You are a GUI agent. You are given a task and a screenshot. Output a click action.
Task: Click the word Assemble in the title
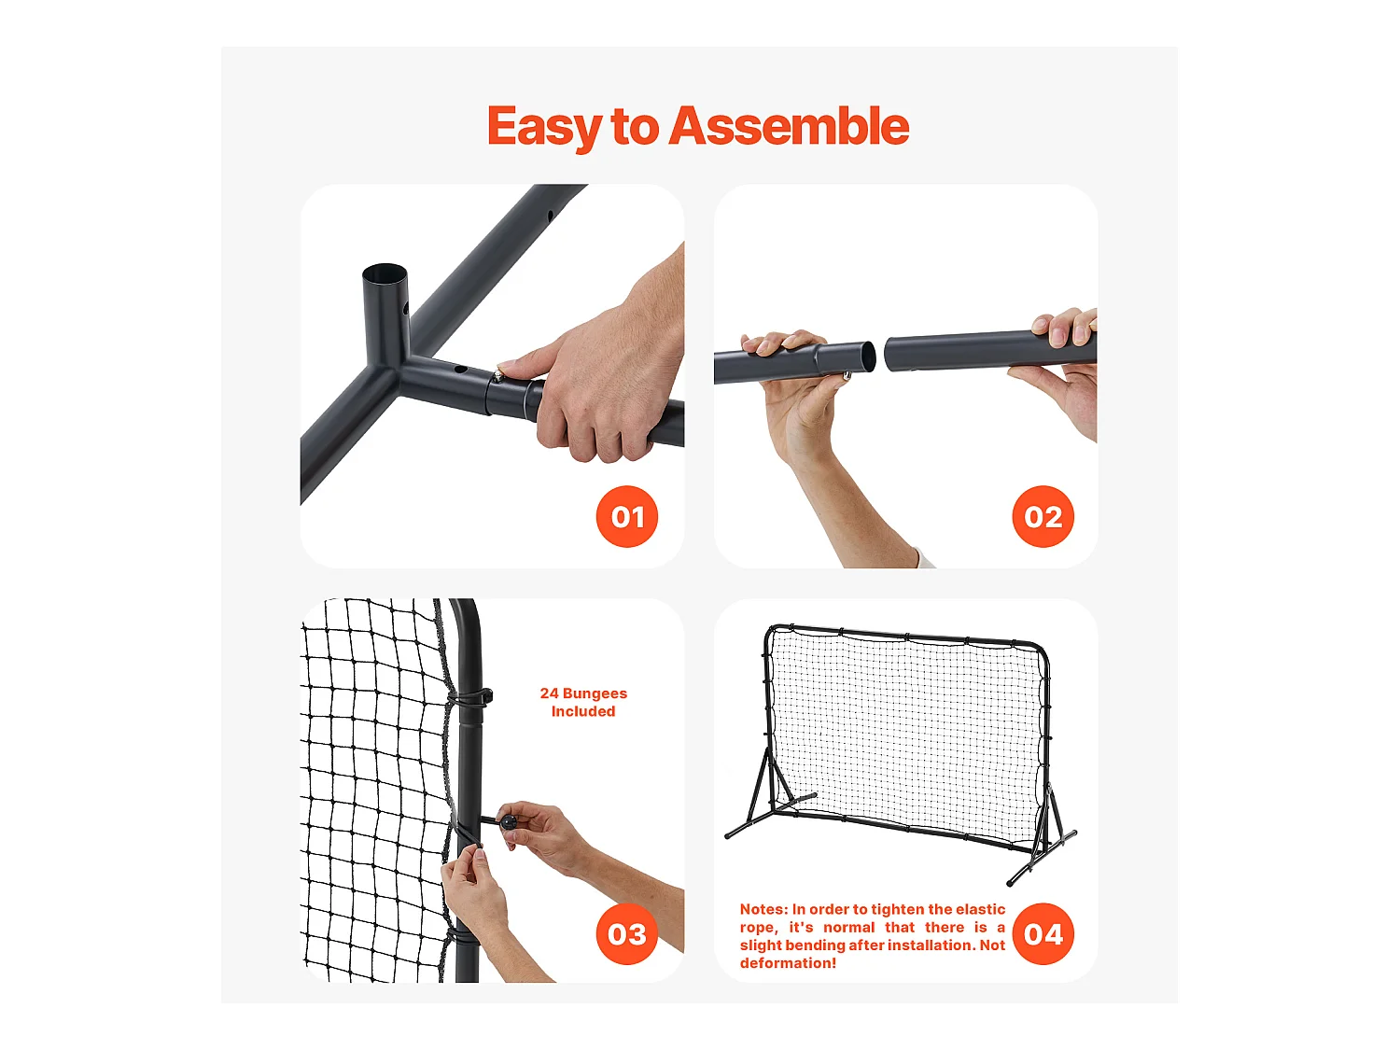(x=789, y=126)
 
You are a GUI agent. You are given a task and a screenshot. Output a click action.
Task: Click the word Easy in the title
(x=544, y=128)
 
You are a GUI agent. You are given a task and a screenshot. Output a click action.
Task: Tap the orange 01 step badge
(x=627, y=517)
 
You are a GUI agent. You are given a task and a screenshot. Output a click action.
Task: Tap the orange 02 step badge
(x=1043, y=517)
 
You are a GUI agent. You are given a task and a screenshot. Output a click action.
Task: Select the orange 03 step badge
(x=627, y=934)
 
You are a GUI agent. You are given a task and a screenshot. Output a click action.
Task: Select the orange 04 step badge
(x=1043, y=934)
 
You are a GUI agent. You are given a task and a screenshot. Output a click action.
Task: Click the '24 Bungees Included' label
(x=583, y=702)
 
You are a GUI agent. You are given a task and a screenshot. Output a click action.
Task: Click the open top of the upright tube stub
(x=385, y=274)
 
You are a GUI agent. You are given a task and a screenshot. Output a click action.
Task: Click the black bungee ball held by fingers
(x=509, y=822)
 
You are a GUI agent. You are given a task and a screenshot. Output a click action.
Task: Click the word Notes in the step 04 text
(x=763, y=909)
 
